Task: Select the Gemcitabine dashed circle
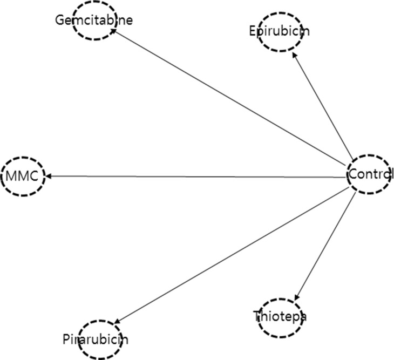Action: (x=94, y=21)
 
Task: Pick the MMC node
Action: (x=22, y=176)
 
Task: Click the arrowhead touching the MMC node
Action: (x=48, y=176)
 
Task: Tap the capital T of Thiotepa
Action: (x=256, y=316)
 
